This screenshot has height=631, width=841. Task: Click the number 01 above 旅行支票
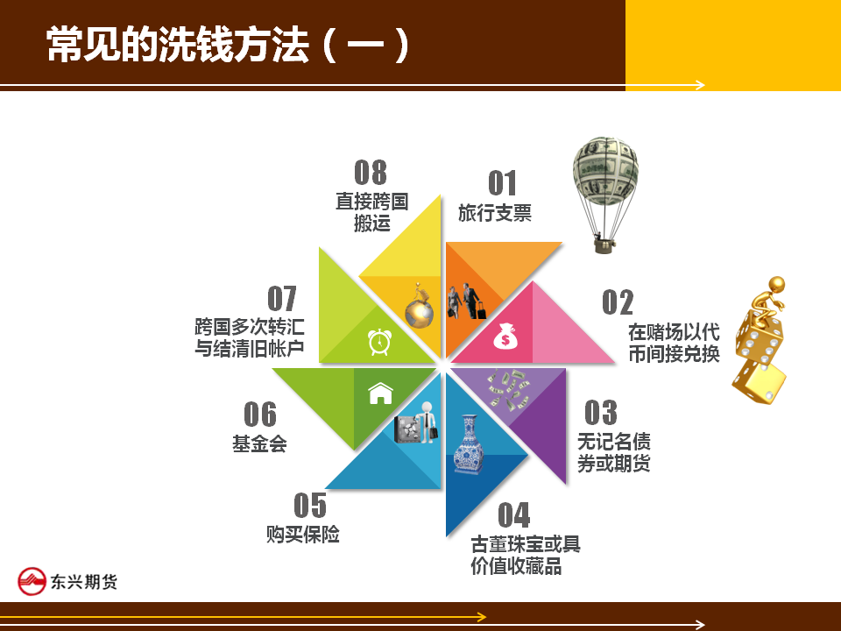tap(502, 183)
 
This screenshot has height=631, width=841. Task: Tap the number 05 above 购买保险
tap(310, 506)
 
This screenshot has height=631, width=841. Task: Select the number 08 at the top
tap(370, 173)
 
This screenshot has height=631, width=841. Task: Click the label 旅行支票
tap(494, 213)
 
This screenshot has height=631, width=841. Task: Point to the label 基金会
tap(259, 443)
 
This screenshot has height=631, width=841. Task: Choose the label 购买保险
tap(303, 535)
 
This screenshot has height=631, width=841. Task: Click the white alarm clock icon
tap(379, 342)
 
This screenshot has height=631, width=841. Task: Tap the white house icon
tap(381, 393)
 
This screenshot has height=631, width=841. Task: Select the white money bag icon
tap(505, 336)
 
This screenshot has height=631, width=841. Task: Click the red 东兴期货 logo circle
tap(32, 582)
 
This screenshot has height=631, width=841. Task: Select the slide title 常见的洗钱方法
tap(178, 45)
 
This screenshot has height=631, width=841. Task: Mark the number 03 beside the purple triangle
tap(601, 413)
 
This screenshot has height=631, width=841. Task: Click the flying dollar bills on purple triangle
tap(507, 389)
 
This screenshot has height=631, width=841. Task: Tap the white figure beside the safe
tap(428, 422)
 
